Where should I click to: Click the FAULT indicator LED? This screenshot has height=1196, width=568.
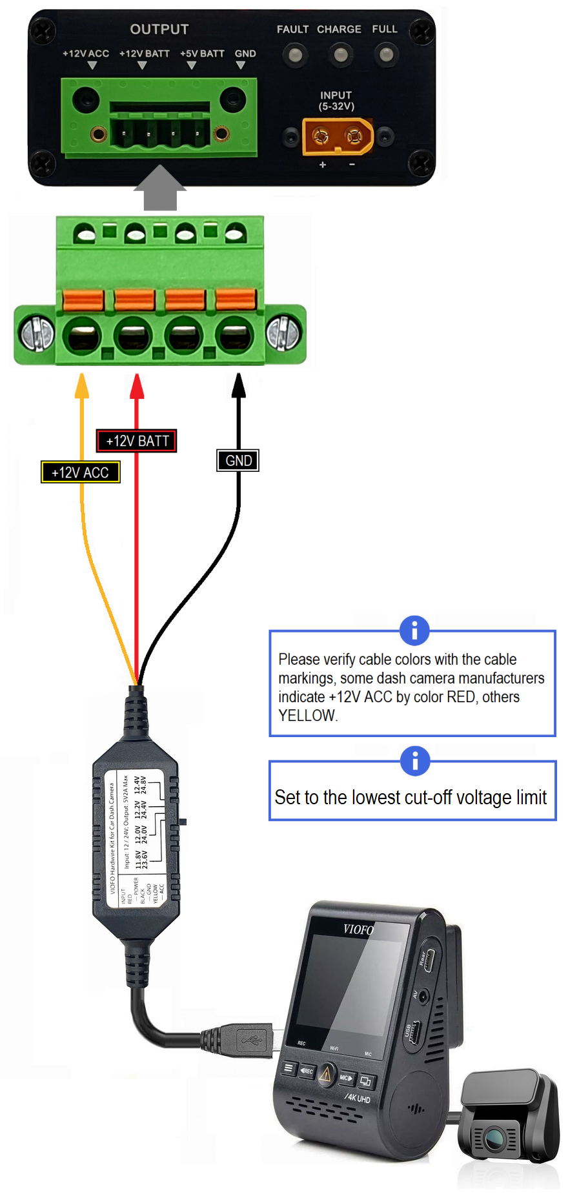coord(294,55)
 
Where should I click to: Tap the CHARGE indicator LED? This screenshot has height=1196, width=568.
coord(340,55)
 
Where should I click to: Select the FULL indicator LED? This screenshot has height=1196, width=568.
coord(385,55)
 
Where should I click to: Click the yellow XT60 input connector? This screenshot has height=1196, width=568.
coord(338,136)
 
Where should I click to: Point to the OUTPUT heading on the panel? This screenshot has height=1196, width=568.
coord(159,30)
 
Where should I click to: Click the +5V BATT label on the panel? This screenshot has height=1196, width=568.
coord(202,54)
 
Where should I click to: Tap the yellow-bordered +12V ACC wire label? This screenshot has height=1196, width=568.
coord(80,472)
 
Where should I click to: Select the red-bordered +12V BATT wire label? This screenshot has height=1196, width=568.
coord(137,441)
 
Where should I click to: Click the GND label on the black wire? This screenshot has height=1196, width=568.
coord(238,461)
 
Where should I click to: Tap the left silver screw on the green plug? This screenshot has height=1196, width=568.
coord(37,334)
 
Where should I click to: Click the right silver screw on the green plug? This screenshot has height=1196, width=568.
coord(283,334)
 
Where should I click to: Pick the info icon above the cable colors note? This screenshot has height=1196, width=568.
coord(414,630)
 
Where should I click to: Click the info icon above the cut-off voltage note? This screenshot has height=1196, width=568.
coord(414,761)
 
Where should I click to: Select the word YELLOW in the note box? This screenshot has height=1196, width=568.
coord(307,716)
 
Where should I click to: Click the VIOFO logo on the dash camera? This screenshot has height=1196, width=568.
coord(359,929)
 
